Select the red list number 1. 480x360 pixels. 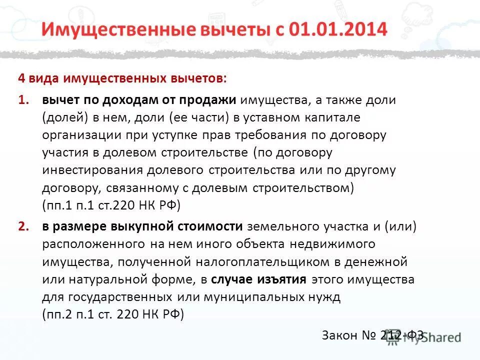coord(23,100)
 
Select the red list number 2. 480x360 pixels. coord(23,226)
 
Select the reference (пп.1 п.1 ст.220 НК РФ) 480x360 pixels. coord(111,205)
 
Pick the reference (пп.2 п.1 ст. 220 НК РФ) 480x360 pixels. coord(113,314)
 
